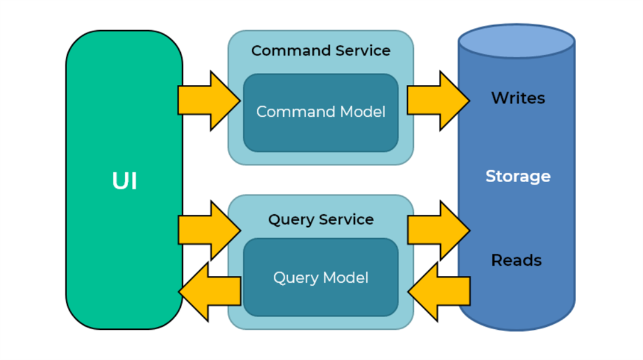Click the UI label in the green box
(x=124, y=181)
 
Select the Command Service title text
(x=320, y=51)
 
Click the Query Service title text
(x=320, y=219)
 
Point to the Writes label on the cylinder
(x=518, y=98)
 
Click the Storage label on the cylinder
(x=518, y=177)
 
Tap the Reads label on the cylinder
(x=516, y=260)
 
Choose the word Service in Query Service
(x=346, y=219)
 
